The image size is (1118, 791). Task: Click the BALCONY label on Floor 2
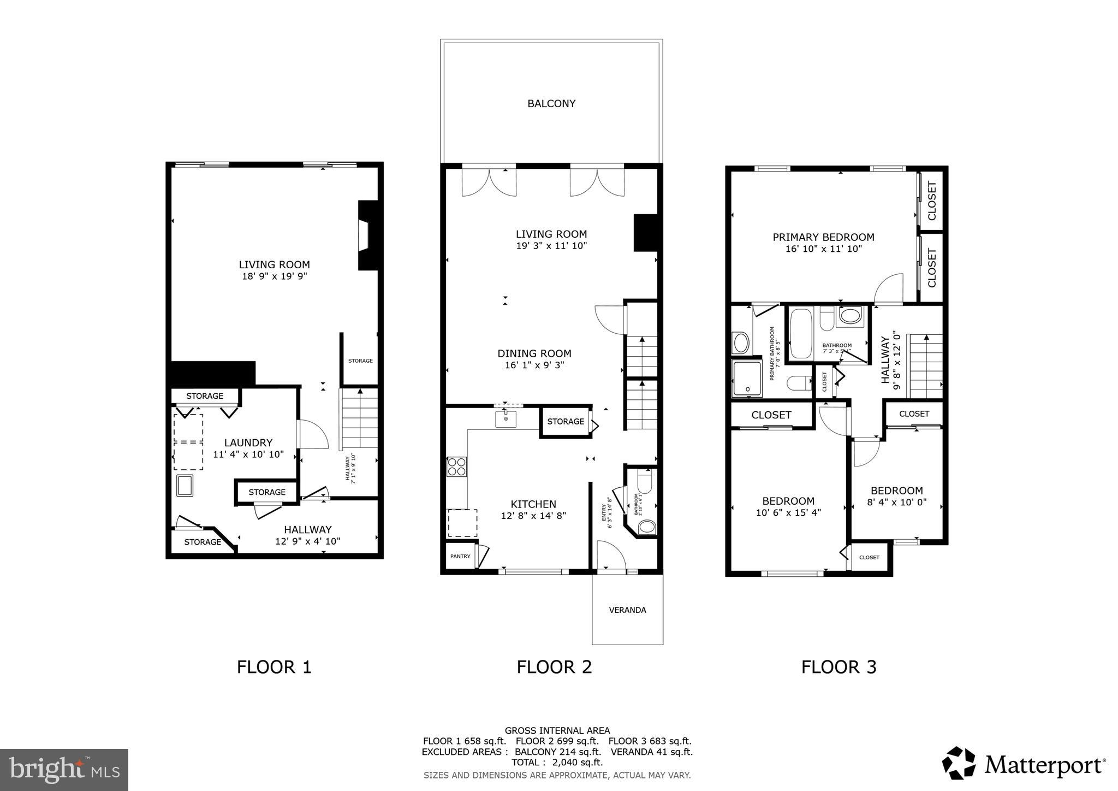(551, 104)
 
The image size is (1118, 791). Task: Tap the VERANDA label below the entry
(627, 610)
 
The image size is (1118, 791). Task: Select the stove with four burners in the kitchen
(457, 467)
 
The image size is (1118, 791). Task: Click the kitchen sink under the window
(506, 419)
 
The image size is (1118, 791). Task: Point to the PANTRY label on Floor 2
(460, 556)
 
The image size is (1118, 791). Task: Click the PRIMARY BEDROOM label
(823, 237)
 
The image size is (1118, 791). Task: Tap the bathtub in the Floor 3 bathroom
(801, 334)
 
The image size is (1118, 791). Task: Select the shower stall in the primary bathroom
(746, 379)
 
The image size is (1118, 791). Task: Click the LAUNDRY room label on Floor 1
(248, 442)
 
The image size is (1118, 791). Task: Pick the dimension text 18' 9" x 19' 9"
(275, 276)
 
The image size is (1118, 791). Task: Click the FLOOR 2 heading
(554, 667)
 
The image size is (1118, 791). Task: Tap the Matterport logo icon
(959, 763)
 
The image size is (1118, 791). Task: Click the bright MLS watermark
(64, 770)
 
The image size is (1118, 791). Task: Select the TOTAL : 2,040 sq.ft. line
(557, 762)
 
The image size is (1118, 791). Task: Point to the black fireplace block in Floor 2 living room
(645, 233)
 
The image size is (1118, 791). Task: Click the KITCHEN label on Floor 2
(533, 504)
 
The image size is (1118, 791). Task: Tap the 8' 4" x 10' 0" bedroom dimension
(896, 503)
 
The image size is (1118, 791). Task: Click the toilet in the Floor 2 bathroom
(646, 482)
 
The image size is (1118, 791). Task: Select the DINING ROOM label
(534, 353)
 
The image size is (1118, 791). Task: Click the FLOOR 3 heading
(838, 667)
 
